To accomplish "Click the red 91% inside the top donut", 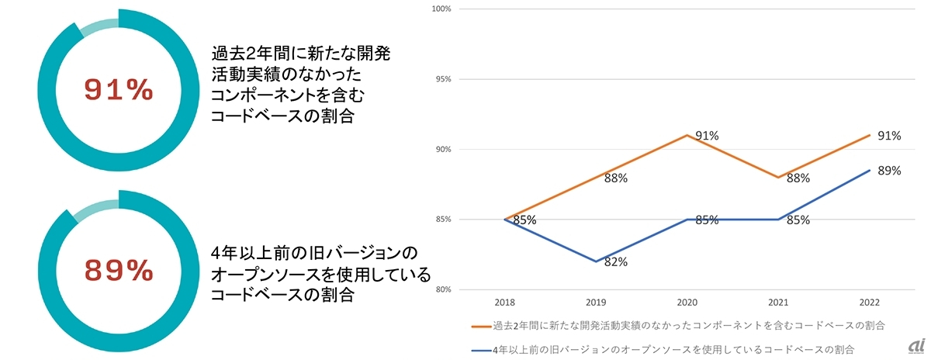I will pos(119,91).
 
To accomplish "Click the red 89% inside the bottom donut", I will pos(119,271).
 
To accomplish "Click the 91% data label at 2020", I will pos(706,136).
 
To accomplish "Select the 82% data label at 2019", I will pos(615,262).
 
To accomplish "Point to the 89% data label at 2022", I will pos(889,171).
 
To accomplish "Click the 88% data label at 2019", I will pos(615,178).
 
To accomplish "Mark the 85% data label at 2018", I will pos(524,220).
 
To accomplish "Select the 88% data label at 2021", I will pos(798,178).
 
